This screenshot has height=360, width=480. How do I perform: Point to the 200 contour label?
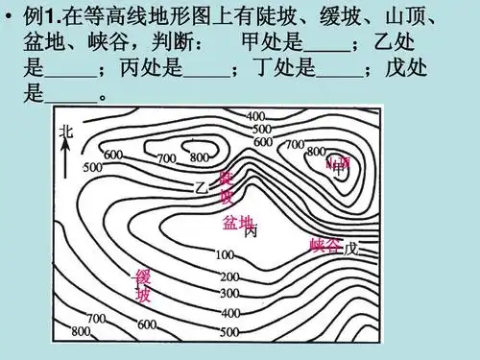click(x=229, y=276)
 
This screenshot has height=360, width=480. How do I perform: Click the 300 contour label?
click(x=229, y=294)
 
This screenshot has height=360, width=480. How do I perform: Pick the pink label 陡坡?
click(x=227, y=187)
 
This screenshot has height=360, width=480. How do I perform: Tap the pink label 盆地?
click(x=237, y=223)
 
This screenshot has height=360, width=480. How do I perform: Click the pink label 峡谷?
click(x=325, y=247)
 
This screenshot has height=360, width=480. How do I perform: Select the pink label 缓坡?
click(x=143, y=286)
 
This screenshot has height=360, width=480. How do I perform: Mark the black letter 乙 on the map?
click(x=201, y=186)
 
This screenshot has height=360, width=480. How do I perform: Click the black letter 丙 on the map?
click(x=251, y=231)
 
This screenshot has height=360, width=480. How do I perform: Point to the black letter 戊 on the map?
click(x=350, y=248)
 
